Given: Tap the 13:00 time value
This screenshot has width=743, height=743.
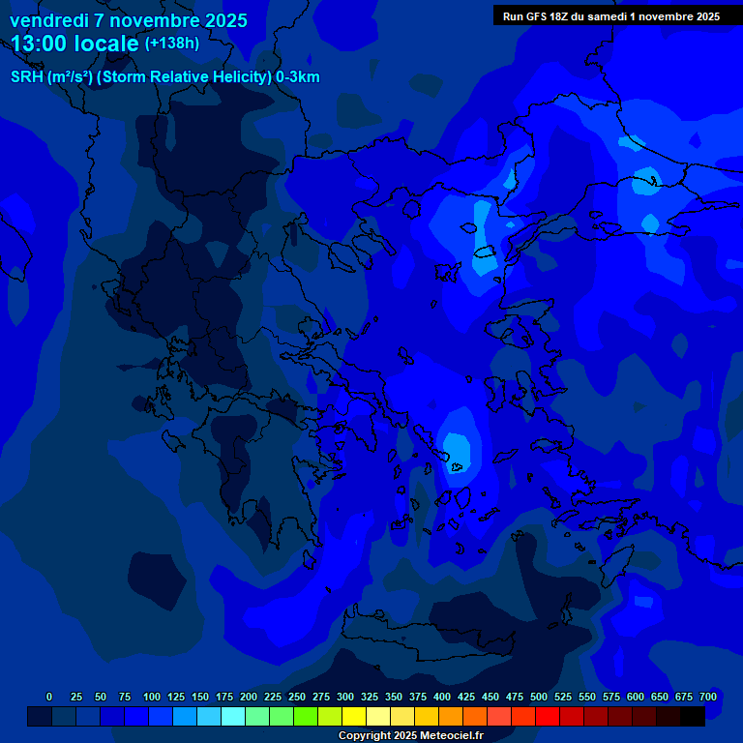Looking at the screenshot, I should (40, 44).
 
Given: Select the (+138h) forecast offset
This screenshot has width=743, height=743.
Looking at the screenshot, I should (172, 44).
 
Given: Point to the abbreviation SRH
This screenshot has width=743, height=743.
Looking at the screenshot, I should (26, 77).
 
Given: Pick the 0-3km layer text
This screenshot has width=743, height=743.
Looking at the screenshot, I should (298, 77).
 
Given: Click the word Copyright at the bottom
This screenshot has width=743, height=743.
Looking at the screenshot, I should (366, 736).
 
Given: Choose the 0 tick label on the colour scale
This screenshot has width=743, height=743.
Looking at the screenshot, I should (49, 697).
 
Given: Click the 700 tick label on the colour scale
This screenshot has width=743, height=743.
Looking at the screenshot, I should (707, 697).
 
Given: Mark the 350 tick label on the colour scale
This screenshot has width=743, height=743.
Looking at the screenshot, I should (394, 697).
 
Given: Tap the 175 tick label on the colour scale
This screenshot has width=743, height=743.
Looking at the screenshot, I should (224, 697).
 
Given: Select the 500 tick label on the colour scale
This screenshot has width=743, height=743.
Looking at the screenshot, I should (539, 697).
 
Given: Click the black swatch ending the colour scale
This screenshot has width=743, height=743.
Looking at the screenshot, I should (693, 716).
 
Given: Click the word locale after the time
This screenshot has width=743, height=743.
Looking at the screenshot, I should (105, 44).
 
